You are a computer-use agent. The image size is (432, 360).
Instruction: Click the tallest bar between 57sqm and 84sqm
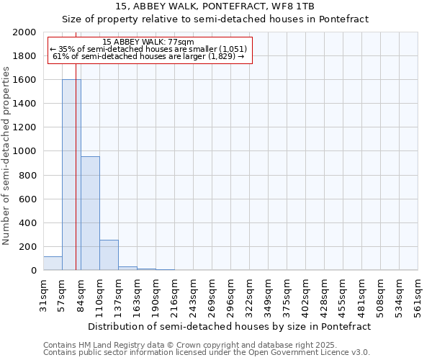71,175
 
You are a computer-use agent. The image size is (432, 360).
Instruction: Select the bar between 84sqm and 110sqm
90,214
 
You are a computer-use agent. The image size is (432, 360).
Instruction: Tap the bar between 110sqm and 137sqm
109,255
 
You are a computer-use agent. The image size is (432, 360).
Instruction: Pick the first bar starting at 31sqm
53,264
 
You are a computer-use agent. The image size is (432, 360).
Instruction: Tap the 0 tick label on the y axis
34,271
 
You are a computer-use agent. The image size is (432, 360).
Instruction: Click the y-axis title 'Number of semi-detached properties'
7,156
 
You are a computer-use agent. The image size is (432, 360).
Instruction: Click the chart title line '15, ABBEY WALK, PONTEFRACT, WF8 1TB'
215,6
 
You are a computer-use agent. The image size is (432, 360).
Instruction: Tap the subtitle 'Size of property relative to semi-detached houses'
215,19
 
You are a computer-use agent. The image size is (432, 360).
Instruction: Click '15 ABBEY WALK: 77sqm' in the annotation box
148,42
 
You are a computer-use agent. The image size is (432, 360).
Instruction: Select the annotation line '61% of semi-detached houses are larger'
148,56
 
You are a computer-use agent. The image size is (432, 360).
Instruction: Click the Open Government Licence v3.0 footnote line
207,353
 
